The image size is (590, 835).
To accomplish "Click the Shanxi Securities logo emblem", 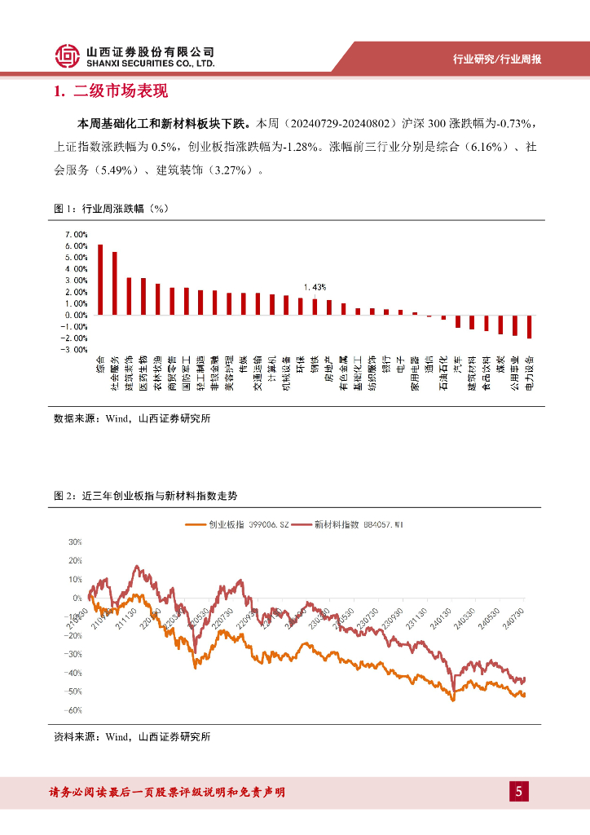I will coord(68,56).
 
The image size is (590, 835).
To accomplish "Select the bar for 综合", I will coord(100,280).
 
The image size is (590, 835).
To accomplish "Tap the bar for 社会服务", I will coord(114,283).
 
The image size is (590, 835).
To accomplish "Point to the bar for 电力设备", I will coord(530,326).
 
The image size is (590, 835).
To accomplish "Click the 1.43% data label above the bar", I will coord(315,287).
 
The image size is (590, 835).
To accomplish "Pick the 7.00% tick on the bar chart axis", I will coord(77,234).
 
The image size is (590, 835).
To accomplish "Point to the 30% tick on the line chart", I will coord(75,541).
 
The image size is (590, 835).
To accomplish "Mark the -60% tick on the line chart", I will coord(73,710).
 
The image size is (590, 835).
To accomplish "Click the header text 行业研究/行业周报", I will coord(497,59).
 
